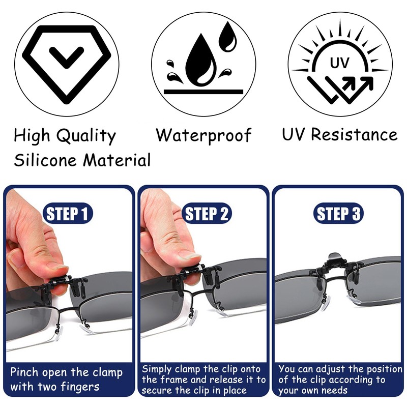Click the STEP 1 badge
[68, 213]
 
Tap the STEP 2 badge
[207, 213]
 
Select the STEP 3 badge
[338, 213]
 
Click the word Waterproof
[203, 135]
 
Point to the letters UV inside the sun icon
[339, 63]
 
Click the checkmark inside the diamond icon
[67, 57]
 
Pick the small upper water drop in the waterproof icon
[227, 36]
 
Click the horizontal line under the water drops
[203, 92]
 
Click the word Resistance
[354, 135]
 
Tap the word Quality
[86, 136]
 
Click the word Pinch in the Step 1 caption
[24, 372]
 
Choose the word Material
[117, 160]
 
